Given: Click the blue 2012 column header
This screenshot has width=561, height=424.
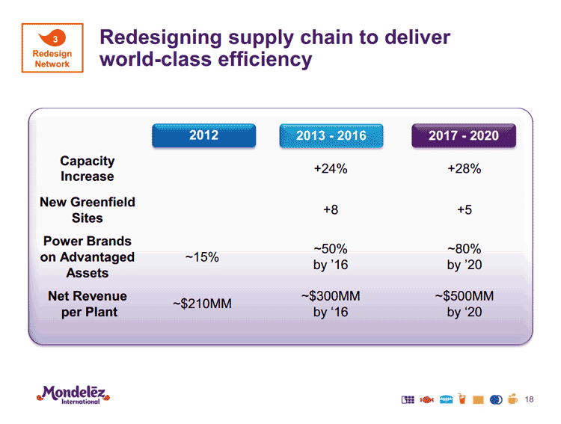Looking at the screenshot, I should (x=203, y=135).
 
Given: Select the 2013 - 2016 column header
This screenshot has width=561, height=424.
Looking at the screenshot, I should (x=331, y=135).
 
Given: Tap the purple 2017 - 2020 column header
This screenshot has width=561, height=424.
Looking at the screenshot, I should (x=464, y=135).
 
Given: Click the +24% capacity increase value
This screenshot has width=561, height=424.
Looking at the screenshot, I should (x=330, y=169).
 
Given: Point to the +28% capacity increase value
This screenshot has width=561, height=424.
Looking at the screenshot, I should (x=464, y=169).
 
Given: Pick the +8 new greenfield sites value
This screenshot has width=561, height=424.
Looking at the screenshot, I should (x=330, y=211).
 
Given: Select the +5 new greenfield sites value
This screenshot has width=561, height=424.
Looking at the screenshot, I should (x=464, y=211).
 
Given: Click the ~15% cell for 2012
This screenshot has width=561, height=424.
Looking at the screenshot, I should (x=201, y=257).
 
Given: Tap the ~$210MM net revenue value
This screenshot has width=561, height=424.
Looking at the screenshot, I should (x=202, y=304).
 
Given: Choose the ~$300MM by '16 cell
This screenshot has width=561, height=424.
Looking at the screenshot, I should (x=330, y=304).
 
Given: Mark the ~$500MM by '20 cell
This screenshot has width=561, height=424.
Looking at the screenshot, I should (x=464, y=304).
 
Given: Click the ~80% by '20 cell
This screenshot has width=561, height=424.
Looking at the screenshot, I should (x=464, y=256).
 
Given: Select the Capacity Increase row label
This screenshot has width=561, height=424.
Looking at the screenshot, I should (x=88, y=169).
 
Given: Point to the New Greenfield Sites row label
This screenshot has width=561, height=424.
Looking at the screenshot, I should (x=88, y=210).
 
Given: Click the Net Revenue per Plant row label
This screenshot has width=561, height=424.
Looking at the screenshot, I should (x=88, y=304).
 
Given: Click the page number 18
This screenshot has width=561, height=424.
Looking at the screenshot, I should (x=530, y=399).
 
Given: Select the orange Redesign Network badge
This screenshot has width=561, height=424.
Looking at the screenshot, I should (x=52, y=49).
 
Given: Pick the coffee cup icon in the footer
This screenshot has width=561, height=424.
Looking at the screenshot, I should (x=512, y=399).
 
